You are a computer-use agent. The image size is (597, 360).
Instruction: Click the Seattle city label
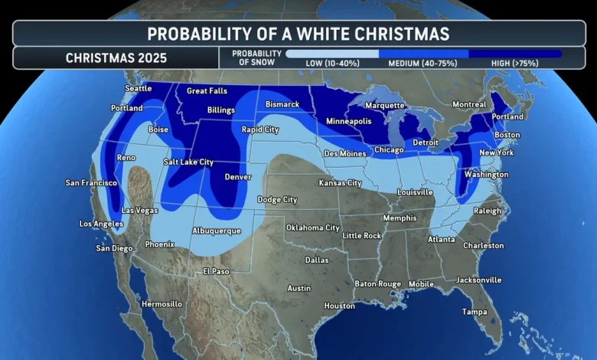point(139,88)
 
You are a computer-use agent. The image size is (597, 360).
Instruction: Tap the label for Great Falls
point(207,91)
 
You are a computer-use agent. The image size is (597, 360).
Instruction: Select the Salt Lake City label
point(188,162)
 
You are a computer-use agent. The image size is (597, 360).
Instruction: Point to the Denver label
point(238,177)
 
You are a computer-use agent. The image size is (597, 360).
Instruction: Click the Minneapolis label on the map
point(348,121)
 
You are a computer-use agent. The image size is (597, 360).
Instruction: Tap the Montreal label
point(469,104)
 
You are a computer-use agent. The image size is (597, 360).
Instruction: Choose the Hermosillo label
point(162,304)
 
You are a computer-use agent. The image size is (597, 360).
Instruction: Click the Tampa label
point(475,311)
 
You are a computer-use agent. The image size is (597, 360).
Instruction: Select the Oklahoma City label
point(312,227)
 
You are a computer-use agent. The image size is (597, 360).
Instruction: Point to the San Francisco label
point(91,183)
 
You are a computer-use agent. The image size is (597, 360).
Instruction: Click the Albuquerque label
point(217,231)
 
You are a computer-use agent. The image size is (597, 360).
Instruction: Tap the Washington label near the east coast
point(486,175)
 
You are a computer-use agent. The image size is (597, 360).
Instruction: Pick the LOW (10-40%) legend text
point(333,63)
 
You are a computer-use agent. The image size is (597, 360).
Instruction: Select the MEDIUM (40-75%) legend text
point(424,63)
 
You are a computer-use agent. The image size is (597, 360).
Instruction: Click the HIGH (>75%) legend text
point(515,63)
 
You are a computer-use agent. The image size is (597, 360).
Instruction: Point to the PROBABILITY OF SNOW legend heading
point(250,57)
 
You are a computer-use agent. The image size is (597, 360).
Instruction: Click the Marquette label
point(384,105)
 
